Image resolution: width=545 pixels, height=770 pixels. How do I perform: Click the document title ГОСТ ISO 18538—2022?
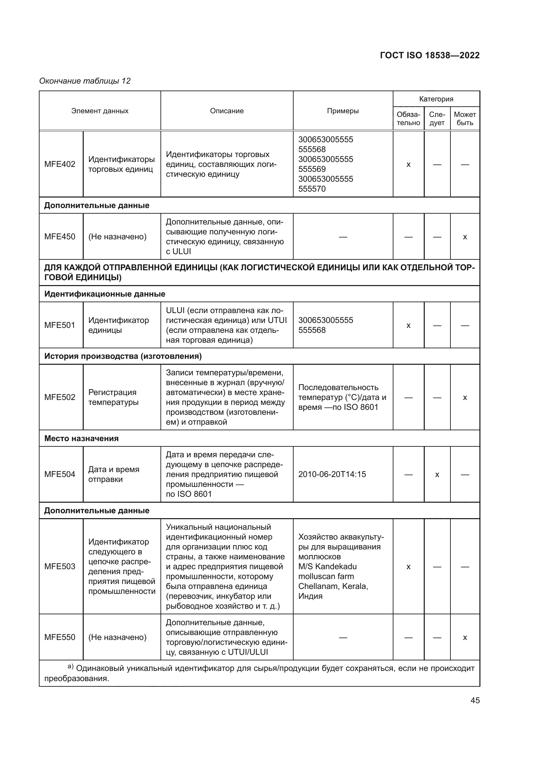pos(430,55)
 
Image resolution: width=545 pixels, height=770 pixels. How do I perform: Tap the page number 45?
pos(475,700)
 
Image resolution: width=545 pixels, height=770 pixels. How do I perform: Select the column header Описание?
pos(227,111)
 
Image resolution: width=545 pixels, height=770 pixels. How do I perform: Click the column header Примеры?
pos(343,111)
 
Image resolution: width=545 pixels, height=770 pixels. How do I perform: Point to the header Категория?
pos(436,99)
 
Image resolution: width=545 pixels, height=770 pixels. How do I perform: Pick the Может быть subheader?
pos(465,119)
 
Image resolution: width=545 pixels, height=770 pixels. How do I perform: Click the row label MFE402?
pos(60,164)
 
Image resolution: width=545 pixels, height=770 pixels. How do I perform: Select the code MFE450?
pos(60,236)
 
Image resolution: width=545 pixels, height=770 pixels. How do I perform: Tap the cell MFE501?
pos(60,325)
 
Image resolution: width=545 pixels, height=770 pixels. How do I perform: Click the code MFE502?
pos(60,397)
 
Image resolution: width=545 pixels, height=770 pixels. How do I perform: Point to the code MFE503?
pos(60,567)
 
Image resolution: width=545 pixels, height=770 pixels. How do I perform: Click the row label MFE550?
pos(60,637)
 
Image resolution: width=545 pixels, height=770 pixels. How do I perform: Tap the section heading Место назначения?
pos(81,438)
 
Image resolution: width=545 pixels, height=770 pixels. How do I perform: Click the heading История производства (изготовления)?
pos(123,356)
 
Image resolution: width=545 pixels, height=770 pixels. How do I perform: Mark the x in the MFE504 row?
pos(437,475)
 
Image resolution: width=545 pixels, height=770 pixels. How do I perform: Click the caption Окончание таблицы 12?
pos(85,81)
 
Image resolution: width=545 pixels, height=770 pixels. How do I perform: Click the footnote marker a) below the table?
pos(71,666)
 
